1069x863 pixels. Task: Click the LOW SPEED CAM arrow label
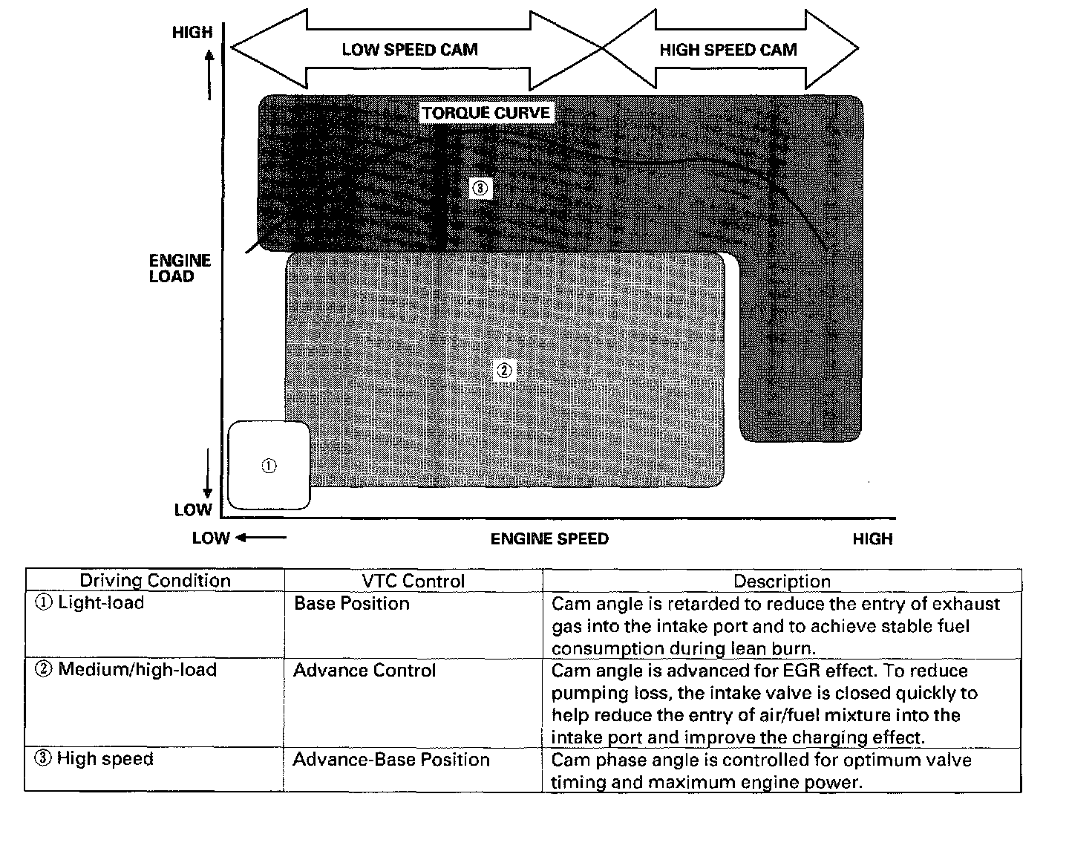410,50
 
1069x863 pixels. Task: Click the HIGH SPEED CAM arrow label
728,50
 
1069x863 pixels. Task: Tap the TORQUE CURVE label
486,113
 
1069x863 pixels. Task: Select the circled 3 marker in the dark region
480,189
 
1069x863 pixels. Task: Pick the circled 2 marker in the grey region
505,370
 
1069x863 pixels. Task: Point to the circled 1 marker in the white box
269,466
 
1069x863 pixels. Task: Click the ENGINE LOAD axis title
180,268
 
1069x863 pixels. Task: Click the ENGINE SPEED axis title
549,539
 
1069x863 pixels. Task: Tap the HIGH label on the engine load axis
192,33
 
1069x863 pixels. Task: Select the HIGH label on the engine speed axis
872,539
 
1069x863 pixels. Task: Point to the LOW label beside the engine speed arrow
211,538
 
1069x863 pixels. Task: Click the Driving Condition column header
155,581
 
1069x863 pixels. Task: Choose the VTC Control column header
413,582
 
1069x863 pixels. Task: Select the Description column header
782,582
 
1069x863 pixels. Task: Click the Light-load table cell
90,602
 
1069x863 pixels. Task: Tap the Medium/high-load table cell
126,669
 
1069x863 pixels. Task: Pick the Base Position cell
352,603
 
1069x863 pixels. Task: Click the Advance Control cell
364,670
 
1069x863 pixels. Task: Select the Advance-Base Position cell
391,759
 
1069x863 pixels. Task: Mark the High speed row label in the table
94,758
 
